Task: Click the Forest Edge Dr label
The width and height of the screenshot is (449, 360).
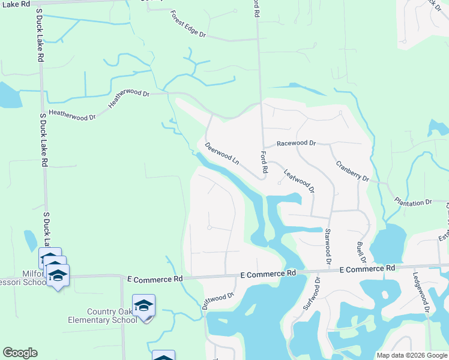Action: [x=188, y=25]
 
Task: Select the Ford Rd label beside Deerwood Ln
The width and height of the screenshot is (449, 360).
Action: [x=263, y=162]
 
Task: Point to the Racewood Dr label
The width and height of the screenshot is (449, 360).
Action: [x=296, y=143]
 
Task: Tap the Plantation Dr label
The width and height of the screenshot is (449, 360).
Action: [x=412, y=202]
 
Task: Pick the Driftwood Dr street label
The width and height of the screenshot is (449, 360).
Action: [x=217, y=301]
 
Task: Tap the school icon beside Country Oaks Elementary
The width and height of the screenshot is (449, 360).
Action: [x=144, y=306]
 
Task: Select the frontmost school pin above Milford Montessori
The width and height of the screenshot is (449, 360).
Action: [x=58, y=276]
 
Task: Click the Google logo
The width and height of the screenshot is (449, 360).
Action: [x=20, y=353]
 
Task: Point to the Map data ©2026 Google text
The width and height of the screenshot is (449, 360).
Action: [x=412, y=355]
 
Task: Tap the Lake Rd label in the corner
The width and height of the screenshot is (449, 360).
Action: [x=14, y=4]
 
